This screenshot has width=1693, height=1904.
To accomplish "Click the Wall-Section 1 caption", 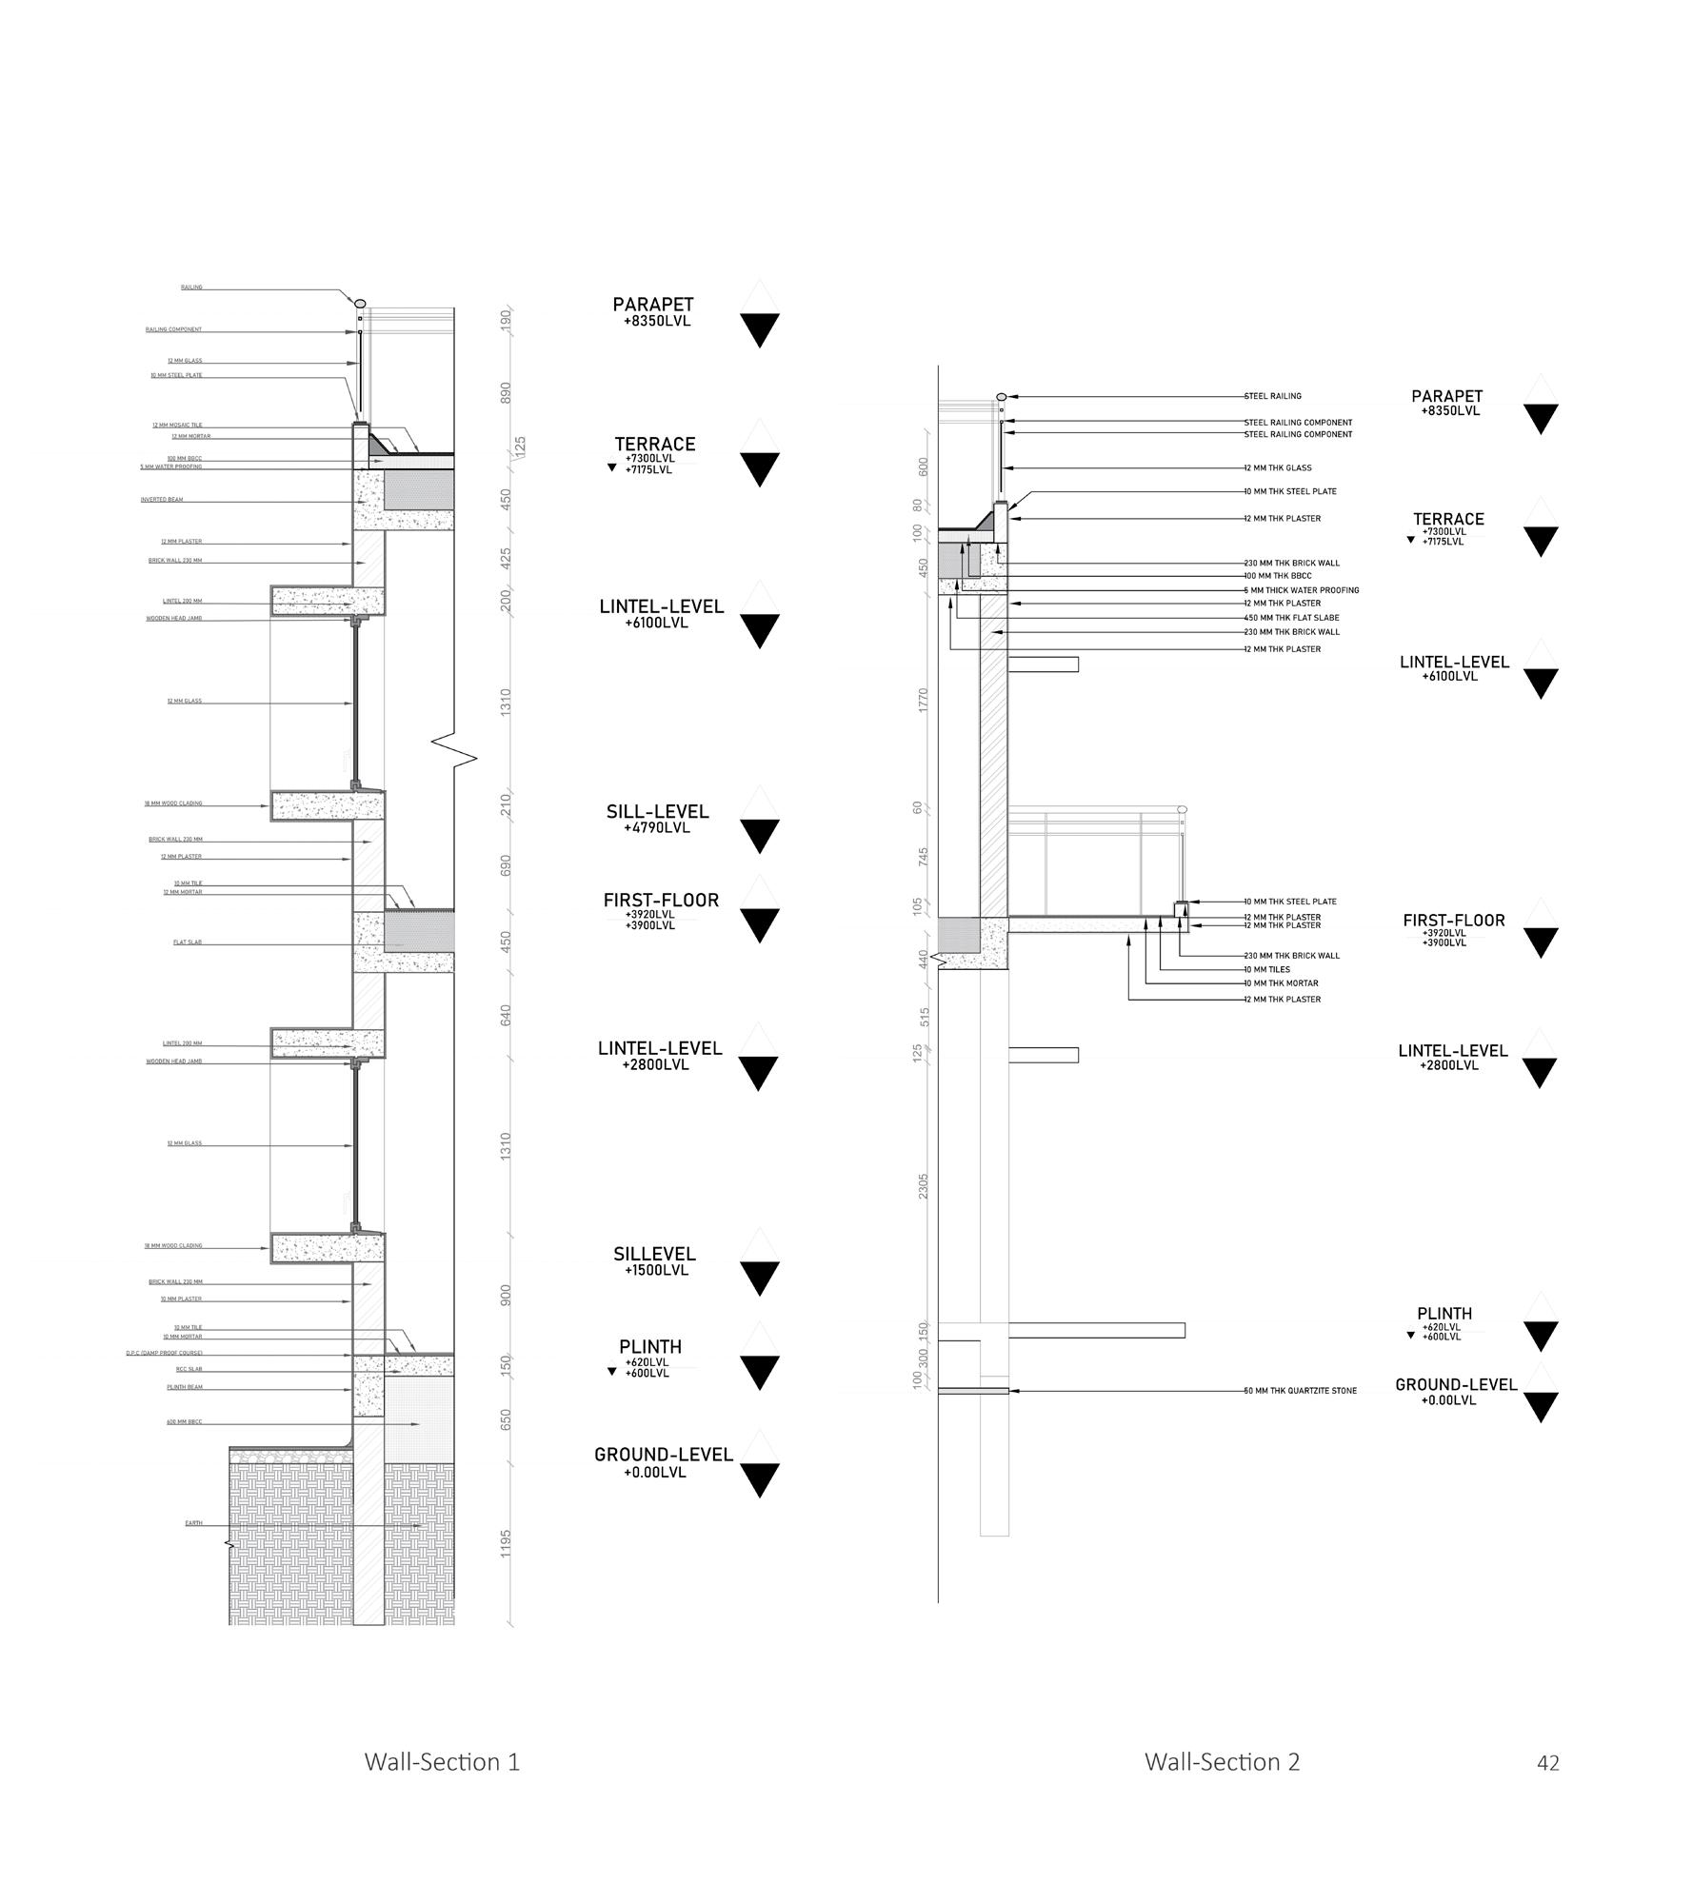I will click(x=442, y=1761).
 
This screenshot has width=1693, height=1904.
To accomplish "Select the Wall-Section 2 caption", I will click(x=1222, y=1761).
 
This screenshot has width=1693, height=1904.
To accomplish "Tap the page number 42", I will click(x=1547, y=1763).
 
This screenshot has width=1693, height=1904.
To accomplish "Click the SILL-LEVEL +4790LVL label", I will click(x=657, y=819).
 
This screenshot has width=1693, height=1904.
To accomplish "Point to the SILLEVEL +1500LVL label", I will click(x=654, y=1261).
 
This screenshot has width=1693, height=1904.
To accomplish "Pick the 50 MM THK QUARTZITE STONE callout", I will click(x=1301, y=1391).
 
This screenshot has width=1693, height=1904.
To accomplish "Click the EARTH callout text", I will click(x=193, y=1523).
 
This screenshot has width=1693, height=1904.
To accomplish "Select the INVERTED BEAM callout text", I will click(x=162, y=499).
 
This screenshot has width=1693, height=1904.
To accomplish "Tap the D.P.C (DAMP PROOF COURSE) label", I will click(x=164, y=1353).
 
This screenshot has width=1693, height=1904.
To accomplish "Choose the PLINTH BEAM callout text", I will click(x=185, y=1387).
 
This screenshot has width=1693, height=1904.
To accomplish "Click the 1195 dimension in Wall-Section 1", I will click(x=507, y=1543).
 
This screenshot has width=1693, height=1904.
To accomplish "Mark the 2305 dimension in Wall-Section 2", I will click(x=923, y=1185).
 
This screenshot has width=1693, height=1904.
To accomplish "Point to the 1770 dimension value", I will click(x=923, y=701).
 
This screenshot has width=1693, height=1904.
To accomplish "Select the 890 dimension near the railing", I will click(x=507, y=392).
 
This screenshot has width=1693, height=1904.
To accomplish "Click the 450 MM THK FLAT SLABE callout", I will click(x=1291, y=618).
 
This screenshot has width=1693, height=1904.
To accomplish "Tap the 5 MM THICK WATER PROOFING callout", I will click(x=1302, y=590).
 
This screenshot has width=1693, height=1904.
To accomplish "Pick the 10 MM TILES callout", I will click(x=1267, y=969).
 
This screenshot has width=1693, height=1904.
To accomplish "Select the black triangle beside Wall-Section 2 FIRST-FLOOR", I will click(x=1540, y=942).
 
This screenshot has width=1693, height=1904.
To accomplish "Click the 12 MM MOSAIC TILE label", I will click(x=177, y=425).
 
